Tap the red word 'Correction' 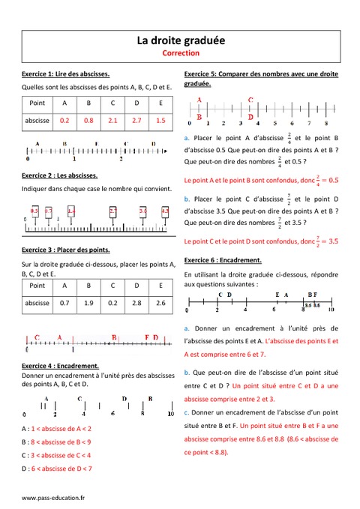[x=180, y=54]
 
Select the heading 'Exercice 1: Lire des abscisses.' [x=66, y=74]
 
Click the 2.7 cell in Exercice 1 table [x=136, y=120]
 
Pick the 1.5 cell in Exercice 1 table [x=160, y=120]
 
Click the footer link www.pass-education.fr [x=53, y=497]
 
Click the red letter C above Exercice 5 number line [x=250, y=99]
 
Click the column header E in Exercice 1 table [x=160, y=102]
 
